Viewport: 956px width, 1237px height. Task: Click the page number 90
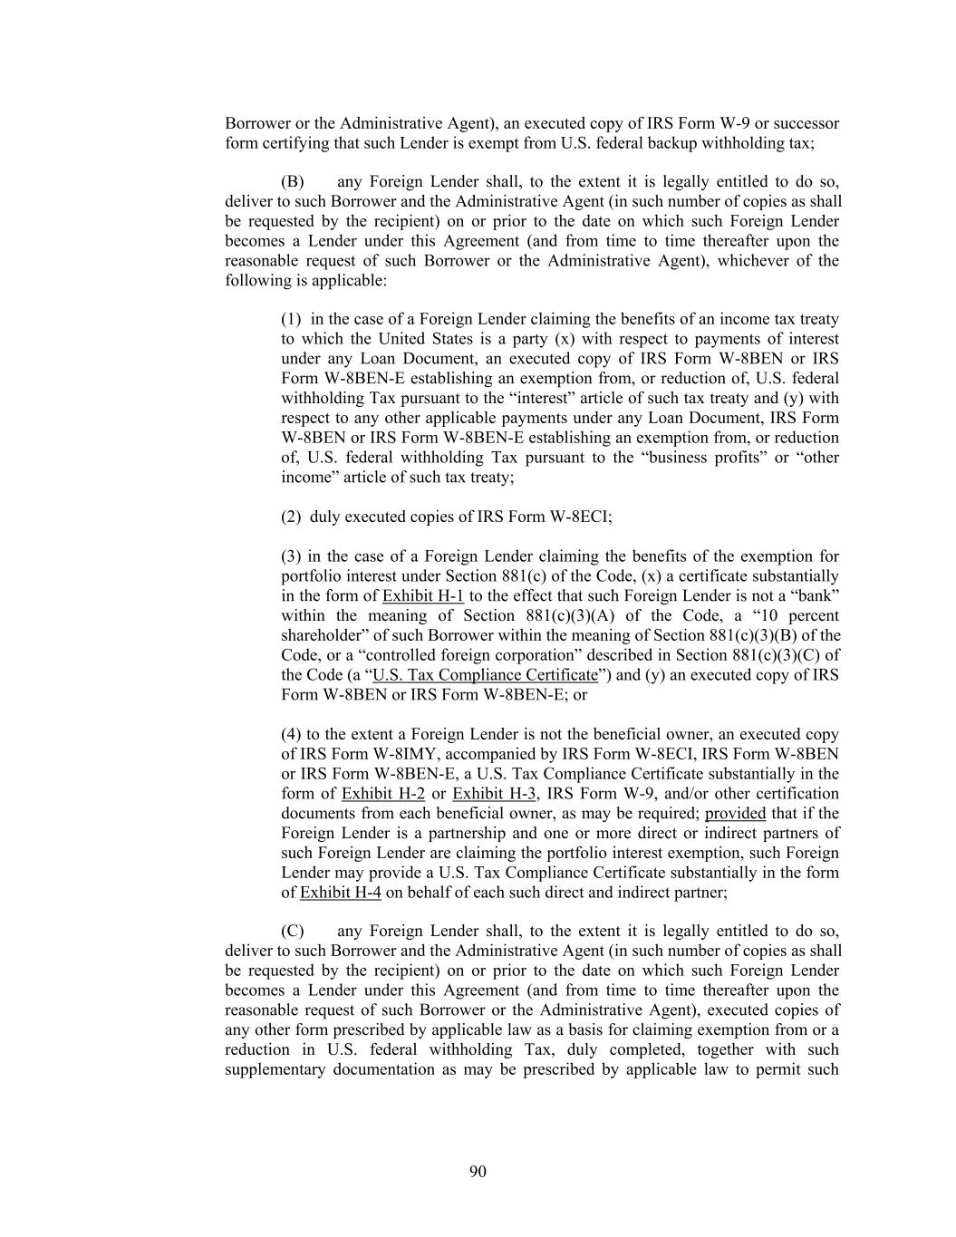pyautogui.click(x=478, y=1172)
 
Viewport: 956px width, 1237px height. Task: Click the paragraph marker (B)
pyautogui.click(x=292, y=182)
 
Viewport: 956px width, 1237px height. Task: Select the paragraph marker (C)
pyautogui.click(x=292, y=932)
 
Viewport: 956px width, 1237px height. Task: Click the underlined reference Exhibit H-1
pyautogui.click(x=423, y=596)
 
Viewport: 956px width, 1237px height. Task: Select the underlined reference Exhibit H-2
pyautogui.click(x=383, y=794)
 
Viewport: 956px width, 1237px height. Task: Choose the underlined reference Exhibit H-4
pyautogui.click(x=340, y=893)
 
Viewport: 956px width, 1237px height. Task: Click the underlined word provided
pyautogui.click(x=735, y=814)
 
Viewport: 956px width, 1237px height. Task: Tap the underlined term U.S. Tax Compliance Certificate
pyautogui.click(x=486, y=675)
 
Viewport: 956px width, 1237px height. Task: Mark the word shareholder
pyautogui.click(x=323, y=636)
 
